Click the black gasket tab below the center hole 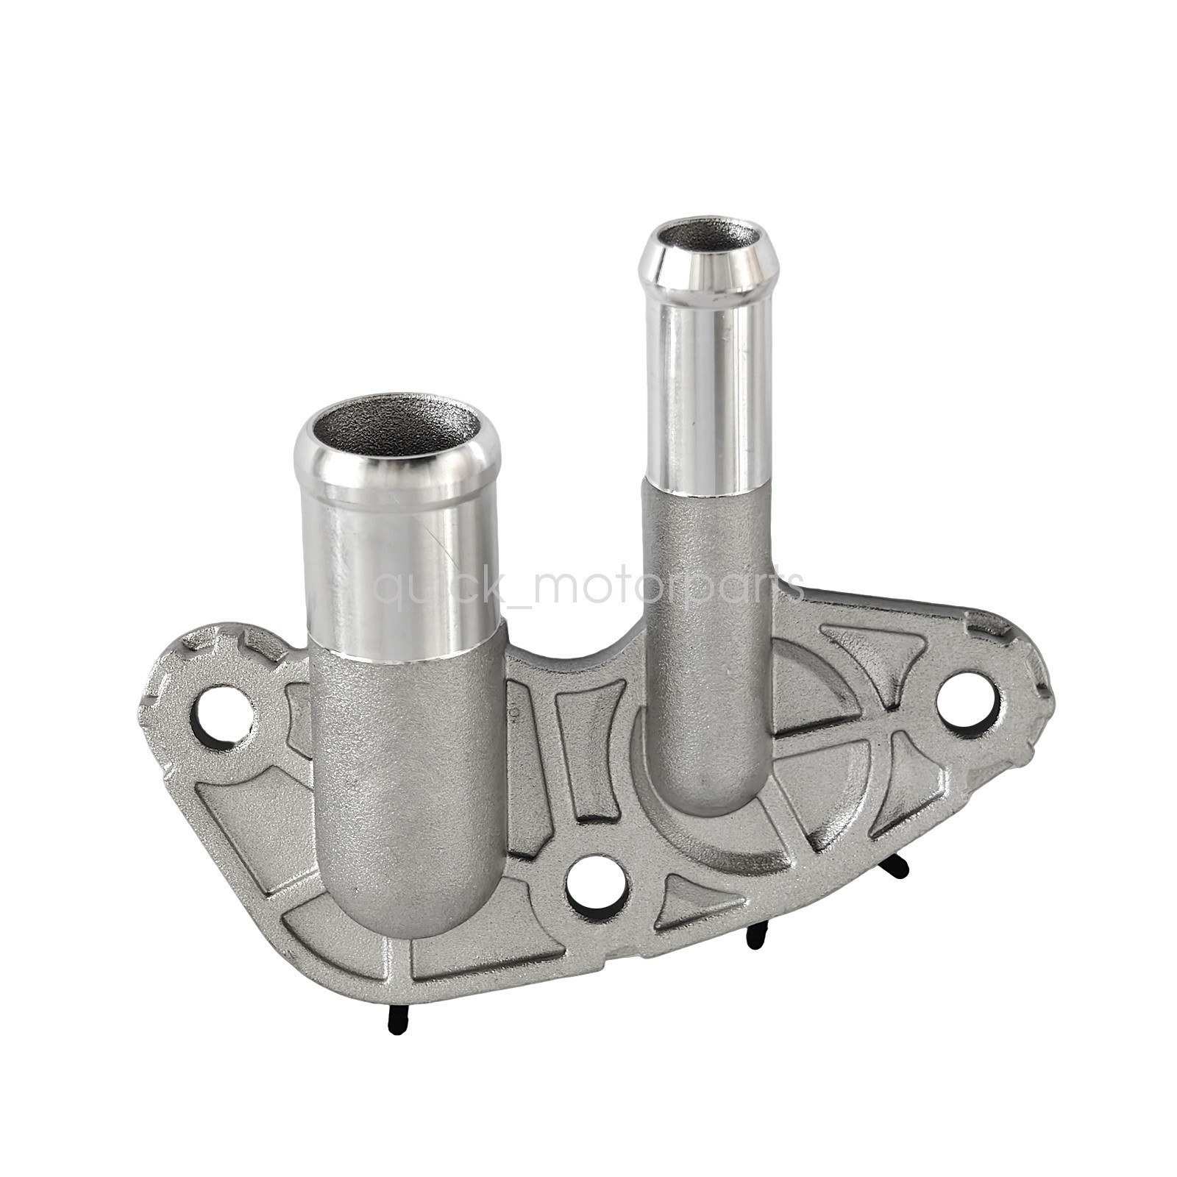click(x=753, y=936)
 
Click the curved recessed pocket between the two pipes click(x=588, y=743)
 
